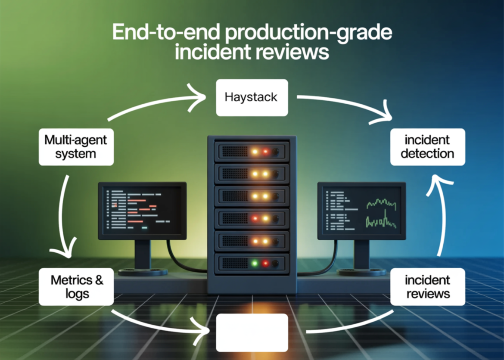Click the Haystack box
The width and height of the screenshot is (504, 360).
[252, 97]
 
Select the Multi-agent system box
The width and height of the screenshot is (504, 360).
[76, 147]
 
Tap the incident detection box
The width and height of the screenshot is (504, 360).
[427, 147]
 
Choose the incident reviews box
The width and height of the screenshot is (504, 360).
[427, 287]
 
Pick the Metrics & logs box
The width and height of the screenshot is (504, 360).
[76, 287]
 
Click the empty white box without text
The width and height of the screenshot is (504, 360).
[252, 332]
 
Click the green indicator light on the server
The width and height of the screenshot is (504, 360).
[255, 262]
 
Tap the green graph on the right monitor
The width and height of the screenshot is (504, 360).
[381, 213]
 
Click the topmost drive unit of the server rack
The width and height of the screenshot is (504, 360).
[252, 152]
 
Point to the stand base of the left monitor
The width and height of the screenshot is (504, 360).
[143, 272]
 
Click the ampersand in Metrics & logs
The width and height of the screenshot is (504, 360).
[99, 280]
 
